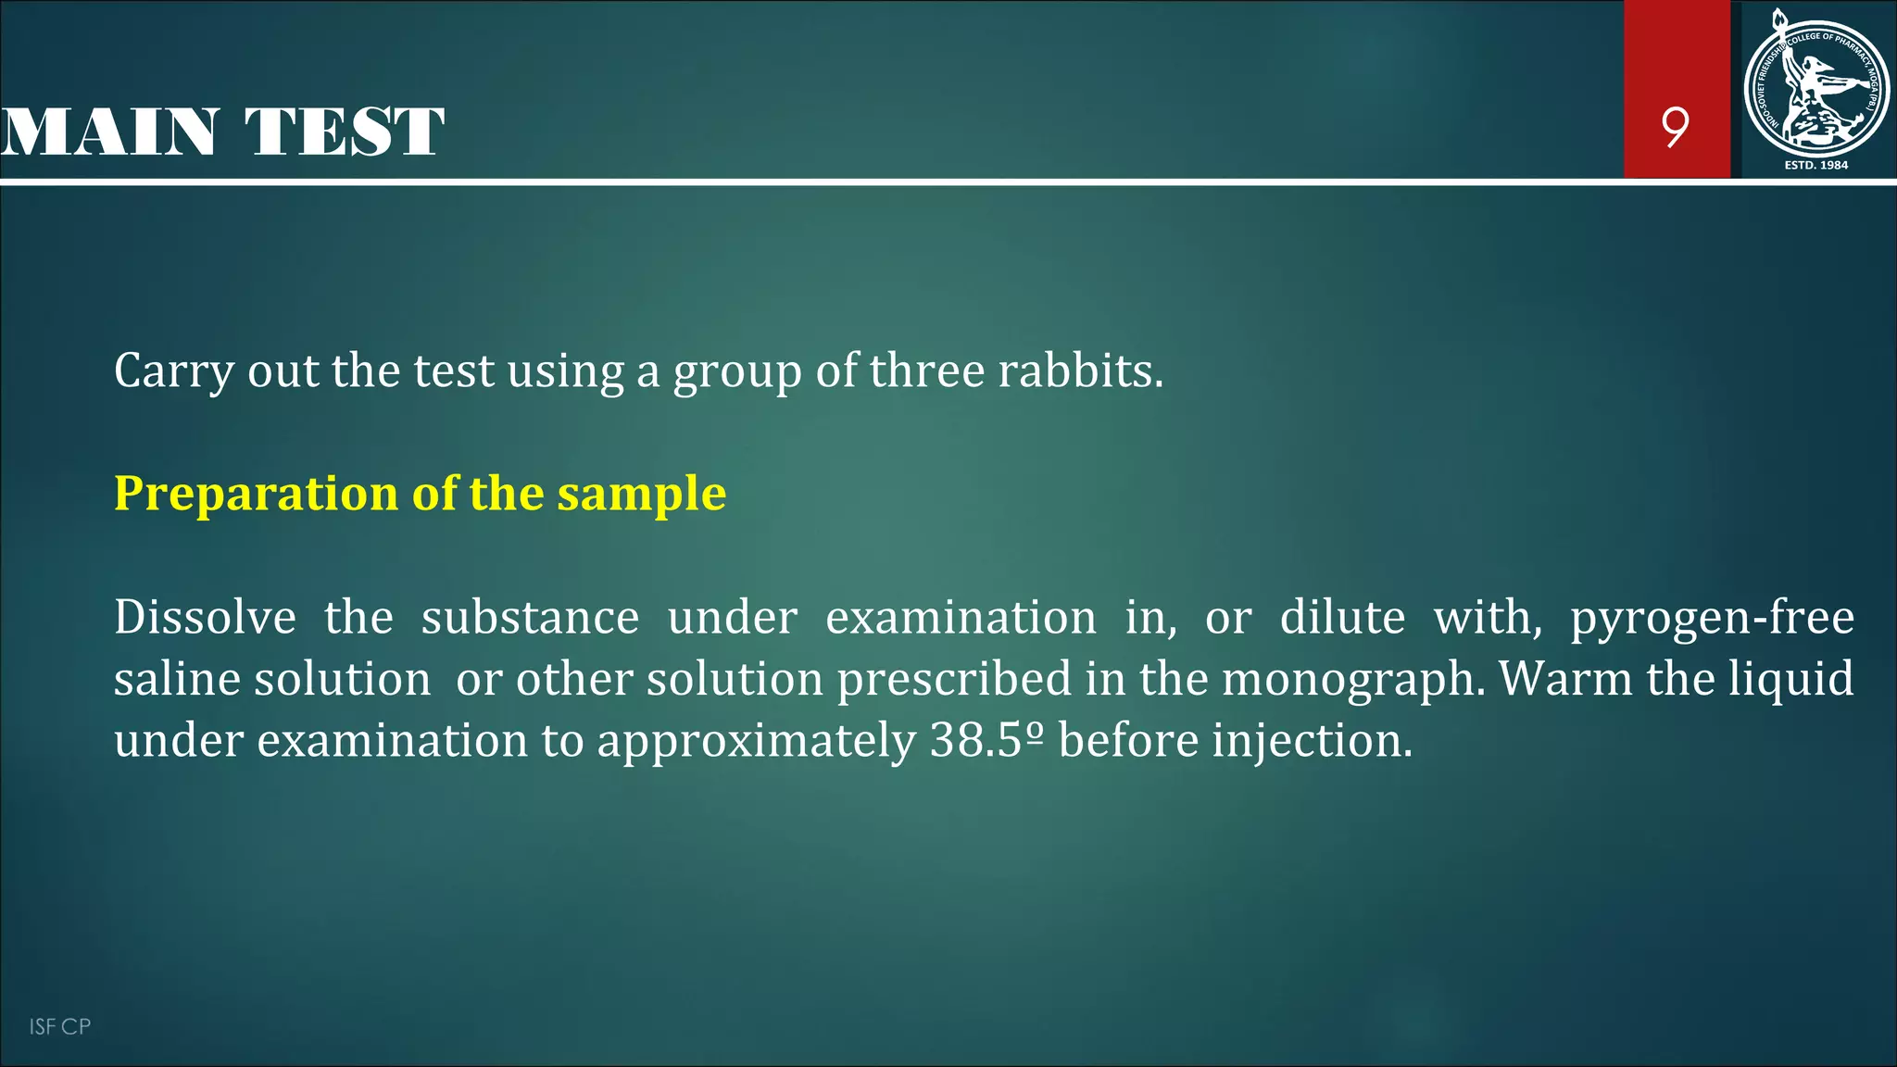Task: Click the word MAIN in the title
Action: coord(109,132)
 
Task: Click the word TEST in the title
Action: coord(345,132)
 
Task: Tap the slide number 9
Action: coord(1675,127)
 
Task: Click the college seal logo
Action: coord(1815,87)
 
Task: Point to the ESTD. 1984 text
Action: coord(1815,165)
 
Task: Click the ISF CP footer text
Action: coord(59,1026)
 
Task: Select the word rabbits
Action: coord(1080,370)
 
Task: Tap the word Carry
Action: coord(173,372)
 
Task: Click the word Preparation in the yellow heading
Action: coord(257,494)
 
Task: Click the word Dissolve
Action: coord(205,618)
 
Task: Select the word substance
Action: coord(530,618)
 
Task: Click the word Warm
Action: coord(1565,679)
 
